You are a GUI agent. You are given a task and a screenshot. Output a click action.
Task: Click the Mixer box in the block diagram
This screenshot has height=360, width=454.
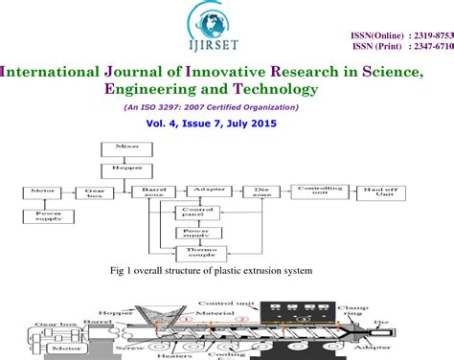(120, 146)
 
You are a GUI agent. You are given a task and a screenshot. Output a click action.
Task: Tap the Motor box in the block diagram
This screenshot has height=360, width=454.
(42, 191)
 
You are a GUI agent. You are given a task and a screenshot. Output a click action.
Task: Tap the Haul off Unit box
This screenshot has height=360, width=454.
(381, 191)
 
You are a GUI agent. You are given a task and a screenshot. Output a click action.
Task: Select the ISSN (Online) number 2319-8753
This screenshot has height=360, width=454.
(433, 35)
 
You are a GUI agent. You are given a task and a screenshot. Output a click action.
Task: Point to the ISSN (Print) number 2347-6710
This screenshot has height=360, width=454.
(433, 46)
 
